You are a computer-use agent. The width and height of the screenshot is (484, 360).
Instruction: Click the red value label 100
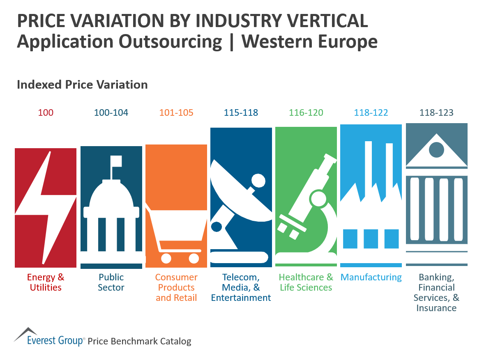tap(46, 112)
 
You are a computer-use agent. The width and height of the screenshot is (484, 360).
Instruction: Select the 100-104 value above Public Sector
tap(111, 112)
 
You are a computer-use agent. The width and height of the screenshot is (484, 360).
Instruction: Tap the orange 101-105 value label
tap(176, 112)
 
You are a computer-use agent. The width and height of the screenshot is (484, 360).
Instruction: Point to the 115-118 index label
tap(241, 112)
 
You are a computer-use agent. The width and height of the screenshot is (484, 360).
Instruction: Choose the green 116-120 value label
tap(306, 112)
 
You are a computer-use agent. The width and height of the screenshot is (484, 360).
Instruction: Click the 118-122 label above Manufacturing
tap(371, 112)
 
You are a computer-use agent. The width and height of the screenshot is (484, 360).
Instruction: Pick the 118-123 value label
tap(436, 112)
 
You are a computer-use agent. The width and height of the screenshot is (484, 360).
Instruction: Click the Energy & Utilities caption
tap(46, 282)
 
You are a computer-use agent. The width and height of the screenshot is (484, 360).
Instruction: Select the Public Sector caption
tap(111, 282)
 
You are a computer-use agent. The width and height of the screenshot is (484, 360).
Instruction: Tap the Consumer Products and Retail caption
tap(176, 287)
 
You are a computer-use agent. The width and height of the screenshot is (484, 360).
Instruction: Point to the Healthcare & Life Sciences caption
tap(306, 282)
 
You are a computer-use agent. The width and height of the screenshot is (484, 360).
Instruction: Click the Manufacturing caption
tap(371, 277)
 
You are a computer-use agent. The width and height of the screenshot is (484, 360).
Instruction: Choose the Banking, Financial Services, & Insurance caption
tap(436, 293)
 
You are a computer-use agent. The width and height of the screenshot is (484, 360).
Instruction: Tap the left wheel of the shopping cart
tap(166, 258)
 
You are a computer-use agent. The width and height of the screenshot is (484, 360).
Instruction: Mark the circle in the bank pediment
tap(436, 149)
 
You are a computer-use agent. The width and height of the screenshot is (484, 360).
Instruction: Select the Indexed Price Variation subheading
tap(82, 85)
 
